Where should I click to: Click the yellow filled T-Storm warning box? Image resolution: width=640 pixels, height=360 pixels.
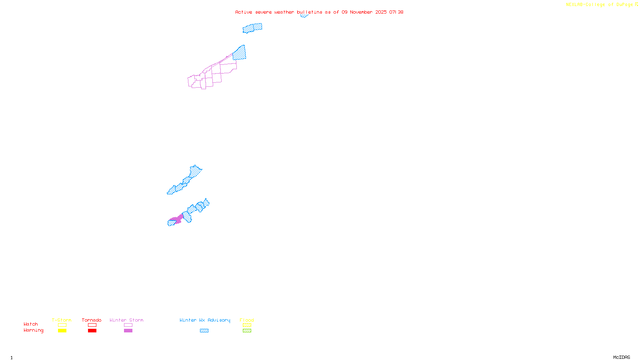point(62,331)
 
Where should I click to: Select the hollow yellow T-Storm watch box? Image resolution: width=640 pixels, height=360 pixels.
point(62,325)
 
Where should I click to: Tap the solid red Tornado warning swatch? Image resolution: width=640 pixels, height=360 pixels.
point(92,331)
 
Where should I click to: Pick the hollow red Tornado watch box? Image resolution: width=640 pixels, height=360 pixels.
point(92,325)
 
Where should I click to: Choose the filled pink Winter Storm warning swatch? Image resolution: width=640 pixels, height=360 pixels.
point(128,331)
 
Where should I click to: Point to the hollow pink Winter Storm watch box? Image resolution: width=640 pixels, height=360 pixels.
point(128,325)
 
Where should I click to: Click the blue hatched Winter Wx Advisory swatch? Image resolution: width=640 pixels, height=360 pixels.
point(204,331)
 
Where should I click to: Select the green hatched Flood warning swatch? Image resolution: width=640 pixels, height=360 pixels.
point(247,331)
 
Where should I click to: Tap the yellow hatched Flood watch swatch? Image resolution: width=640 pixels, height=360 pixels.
point(247,325)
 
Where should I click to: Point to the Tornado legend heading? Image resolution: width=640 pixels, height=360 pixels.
point(92,320)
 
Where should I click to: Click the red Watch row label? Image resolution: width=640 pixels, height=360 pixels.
point(31,324)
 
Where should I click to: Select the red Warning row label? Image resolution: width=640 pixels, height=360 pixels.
point(34,330)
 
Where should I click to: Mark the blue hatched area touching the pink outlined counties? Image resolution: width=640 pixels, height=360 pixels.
point(240,53)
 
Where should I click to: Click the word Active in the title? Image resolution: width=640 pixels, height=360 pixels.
point(244,12)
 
